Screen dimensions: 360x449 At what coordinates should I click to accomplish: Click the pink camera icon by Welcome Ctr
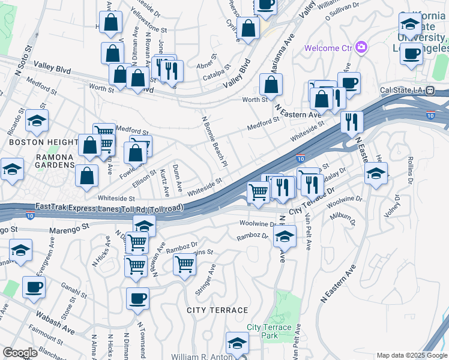coord(361,47)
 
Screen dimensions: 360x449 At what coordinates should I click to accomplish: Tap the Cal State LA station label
coord(406,91)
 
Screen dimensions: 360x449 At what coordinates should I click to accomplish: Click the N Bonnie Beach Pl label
coord(215,142)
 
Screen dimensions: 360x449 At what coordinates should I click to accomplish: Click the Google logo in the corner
coord(20,353)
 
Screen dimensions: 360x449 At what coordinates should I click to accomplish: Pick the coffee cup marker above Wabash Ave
coord(34,287)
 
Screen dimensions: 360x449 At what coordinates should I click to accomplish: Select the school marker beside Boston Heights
coord(37,121)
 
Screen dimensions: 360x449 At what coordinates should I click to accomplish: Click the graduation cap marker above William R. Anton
coord(237,343)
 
